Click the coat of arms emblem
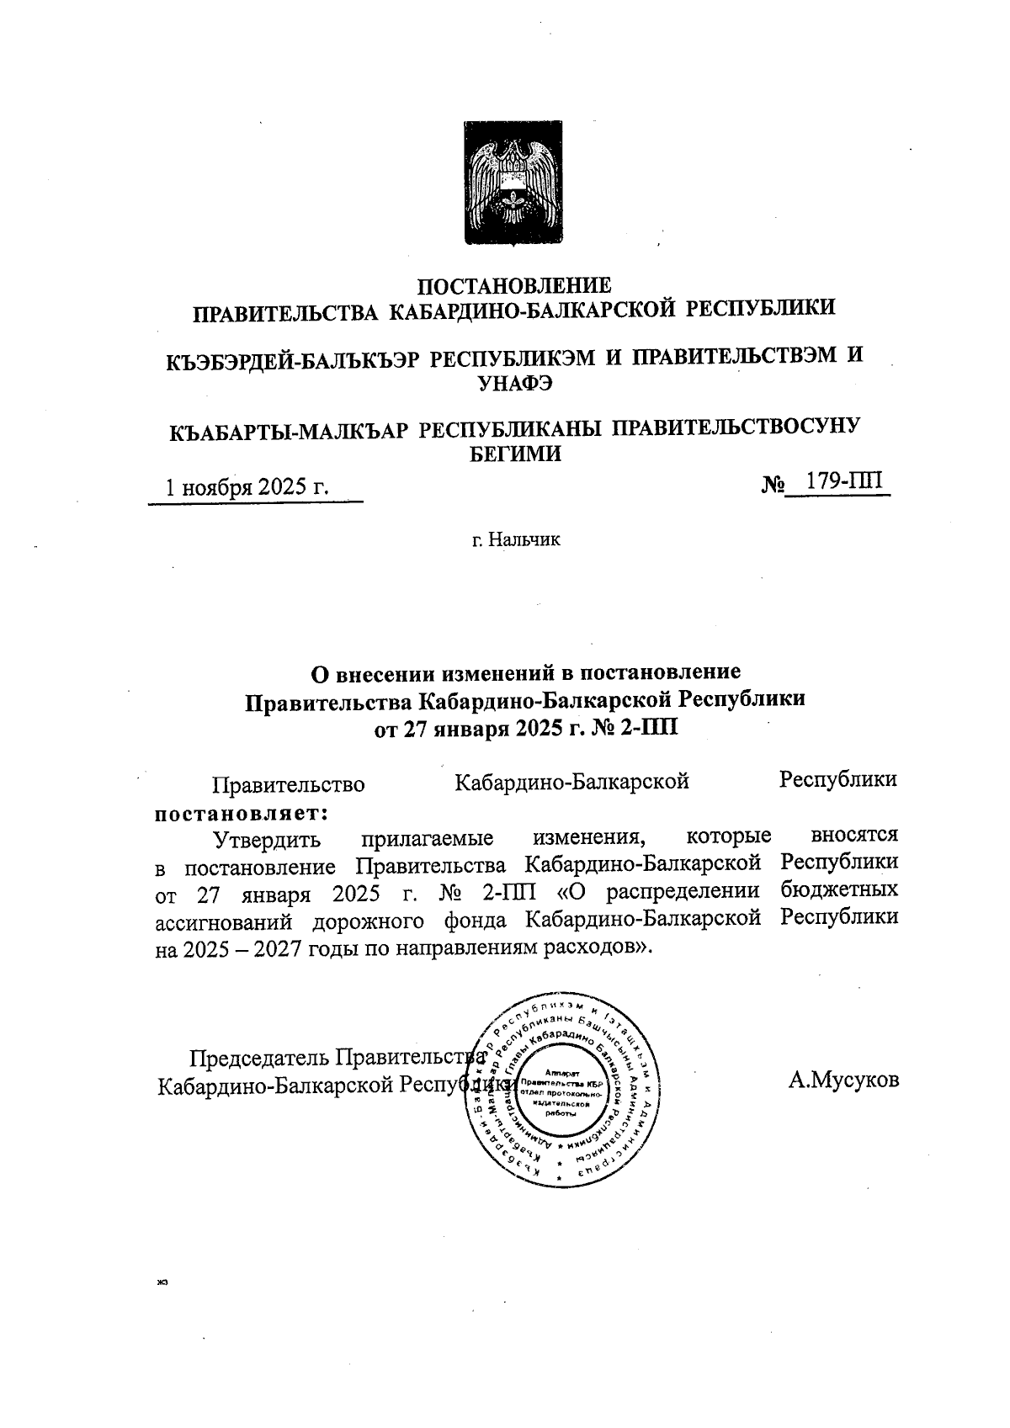pos(514,183)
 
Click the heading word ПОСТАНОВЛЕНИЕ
pos(515,286)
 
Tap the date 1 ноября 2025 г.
pos(247,487)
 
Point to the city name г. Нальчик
pos(515,539)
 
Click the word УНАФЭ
pos(514,383)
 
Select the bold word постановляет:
pos(241,812)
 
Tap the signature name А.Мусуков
pos(843,1080)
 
